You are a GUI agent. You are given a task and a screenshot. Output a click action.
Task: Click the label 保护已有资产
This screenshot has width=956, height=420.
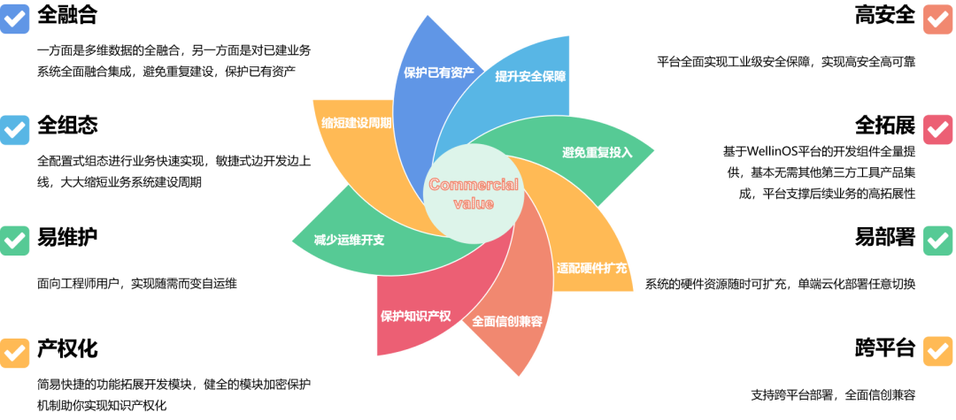[438, 73]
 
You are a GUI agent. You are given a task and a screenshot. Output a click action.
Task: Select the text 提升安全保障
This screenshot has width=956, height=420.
[530, 76]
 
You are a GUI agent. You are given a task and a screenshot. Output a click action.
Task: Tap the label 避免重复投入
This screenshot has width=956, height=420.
[597, 152]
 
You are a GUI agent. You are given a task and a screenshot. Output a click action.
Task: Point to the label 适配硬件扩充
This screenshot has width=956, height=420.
[592, 268]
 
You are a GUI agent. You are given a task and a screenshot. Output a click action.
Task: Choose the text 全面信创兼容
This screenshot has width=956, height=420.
[507, 321]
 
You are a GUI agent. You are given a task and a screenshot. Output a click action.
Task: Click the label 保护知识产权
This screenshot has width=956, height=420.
[416, 316]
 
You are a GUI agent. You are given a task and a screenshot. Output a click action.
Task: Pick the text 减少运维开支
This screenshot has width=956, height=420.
[349, 240]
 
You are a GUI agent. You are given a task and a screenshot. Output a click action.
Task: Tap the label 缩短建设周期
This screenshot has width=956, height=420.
[356, 123]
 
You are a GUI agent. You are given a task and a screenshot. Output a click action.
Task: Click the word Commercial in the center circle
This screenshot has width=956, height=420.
[474, 185]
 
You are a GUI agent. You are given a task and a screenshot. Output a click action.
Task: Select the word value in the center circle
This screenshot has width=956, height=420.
[474, 203]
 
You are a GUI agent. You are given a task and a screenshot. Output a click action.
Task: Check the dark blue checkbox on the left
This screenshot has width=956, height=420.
[15, 19]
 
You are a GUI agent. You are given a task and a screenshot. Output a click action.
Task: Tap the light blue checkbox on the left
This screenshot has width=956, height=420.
[15, 130]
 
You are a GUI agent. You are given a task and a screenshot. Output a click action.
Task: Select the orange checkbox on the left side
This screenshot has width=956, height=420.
[15, 352]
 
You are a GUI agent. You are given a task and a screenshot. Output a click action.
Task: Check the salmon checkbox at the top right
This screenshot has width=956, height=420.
[937, 19]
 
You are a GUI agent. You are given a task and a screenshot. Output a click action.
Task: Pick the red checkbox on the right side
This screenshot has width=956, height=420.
[937, 130]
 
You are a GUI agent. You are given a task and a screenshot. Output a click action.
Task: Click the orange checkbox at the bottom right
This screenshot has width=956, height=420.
[937, 352]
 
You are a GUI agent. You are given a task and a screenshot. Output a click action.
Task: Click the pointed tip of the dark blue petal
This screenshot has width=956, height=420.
[428, 15]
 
